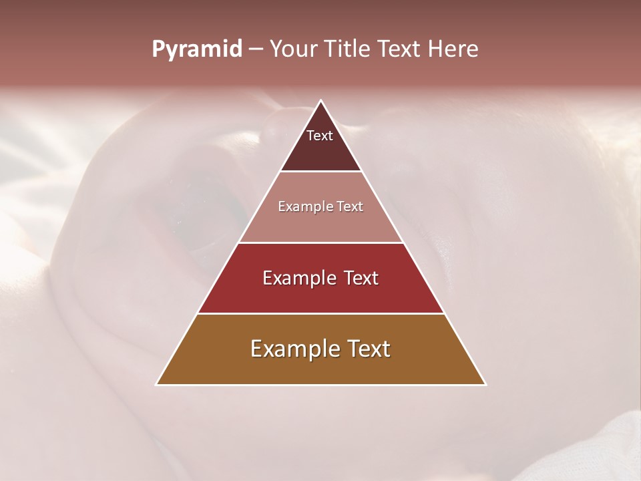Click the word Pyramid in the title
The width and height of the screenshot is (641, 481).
click(196, 49)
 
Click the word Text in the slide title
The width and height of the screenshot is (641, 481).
click(400, 49)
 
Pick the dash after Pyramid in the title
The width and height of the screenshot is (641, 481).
click(255, 49)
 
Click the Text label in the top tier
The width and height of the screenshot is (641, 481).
click(320, 136)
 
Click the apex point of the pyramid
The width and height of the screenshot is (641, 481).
click(320, 100)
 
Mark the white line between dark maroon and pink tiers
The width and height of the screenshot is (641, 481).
click(320, 172)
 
